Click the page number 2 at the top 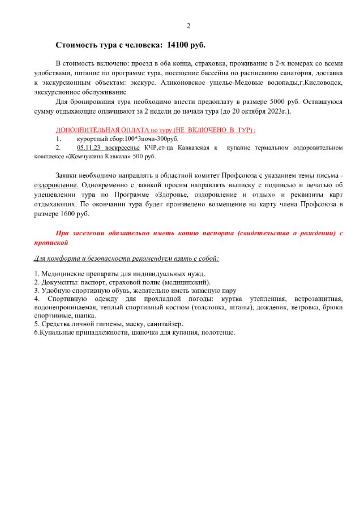click(188, 26)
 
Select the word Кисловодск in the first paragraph click(319, 83)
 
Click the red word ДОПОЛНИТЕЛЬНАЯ click(87, 130)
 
